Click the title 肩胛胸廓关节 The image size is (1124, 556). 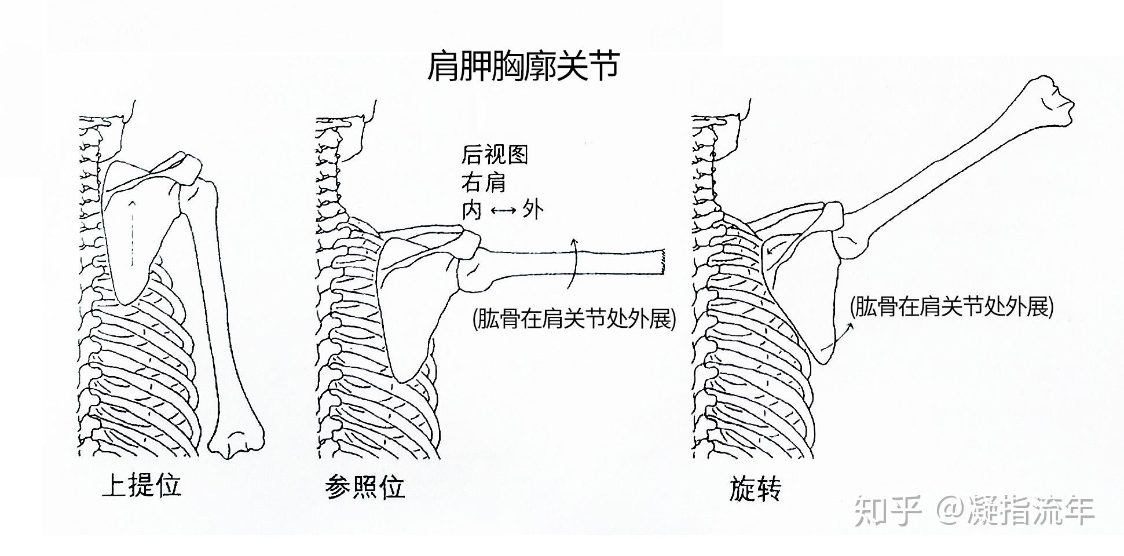click(x=523, y=67)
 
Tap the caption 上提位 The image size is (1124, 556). click(x=141, y=485)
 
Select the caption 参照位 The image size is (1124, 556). click(x=365, y=487)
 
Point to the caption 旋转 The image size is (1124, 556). click(x=755, y=488)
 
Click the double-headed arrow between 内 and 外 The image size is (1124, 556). click(x=503, y=210)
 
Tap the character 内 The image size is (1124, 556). click(x=471, y=210)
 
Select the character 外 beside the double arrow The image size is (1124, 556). click(x=533, y=210)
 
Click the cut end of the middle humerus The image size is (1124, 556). click(x=661, y=263)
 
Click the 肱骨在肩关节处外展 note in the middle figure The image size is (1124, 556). click(x=574, y=319)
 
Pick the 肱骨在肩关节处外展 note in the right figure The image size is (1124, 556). click(x=951, y=307)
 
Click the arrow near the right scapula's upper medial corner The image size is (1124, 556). click(x=775, y=246)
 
